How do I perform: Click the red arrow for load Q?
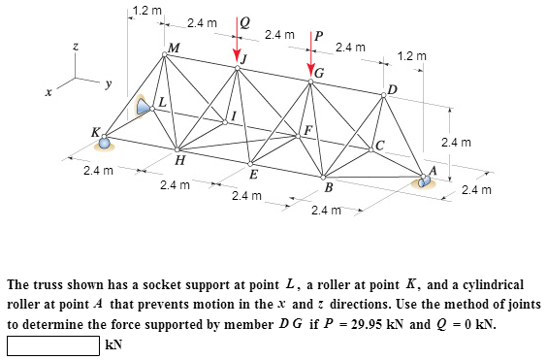(x=235, y=44)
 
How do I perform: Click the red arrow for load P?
(x=310, y=61)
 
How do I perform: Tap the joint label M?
(x=174, y=49)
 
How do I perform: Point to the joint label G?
(x=319, y=76)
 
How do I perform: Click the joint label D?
(x=391, y=90)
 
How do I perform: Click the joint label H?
(x=180, y=159)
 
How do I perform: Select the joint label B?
(x=329, y=186)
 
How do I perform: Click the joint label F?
(x=308, y=131)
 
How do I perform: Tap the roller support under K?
(x=104, y=145)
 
